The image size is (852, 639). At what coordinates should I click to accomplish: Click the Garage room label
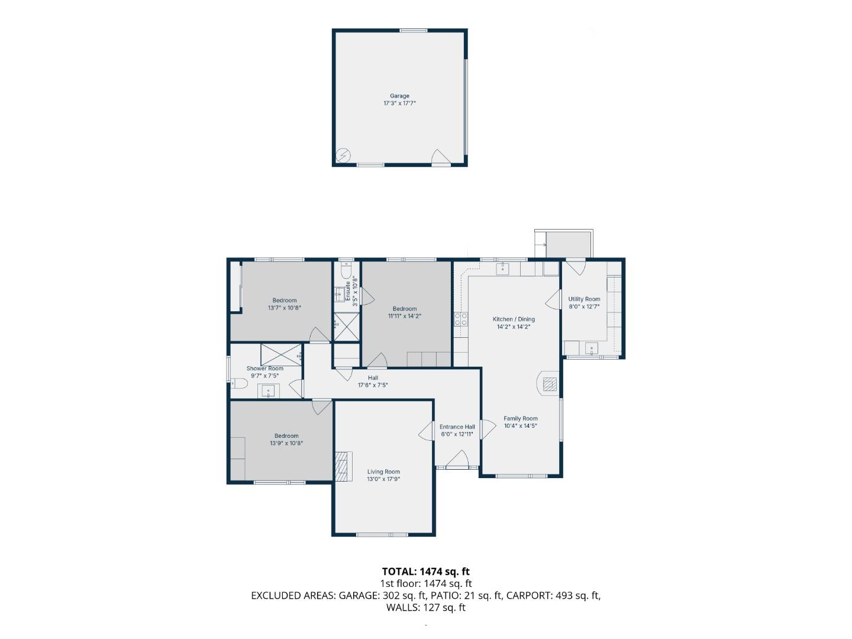[x=399, y=96]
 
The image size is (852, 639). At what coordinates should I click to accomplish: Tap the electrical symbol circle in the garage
[x=343, y=156]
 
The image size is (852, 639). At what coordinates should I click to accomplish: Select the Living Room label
[x=383, y=472]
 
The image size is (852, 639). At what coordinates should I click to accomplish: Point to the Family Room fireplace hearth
[x=548, y=384]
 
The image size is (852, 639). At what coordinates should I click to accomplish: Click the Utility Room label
[x=584, y=299]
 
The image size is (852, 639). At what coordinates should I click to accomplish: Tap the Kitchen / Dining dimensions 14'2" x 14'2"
[x=514, y=327]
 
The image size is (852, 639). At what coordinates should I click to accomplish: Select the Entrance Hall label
[x=457, y=427]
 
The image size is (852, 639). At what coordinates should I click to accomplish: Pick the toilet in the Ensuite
[x=346, y=270]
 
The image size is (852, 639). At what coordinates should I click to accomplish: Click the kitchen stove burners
[x=461, y=319]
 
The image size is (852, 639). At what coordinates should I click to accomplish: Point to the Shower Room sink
[x=268, y=390]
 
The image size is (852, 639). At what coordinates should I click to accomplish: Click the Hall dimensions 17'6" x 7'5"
[x=373, y=385]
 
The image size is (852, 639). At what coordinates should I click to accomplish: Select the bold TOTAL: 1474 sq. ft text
[x=426, y=572]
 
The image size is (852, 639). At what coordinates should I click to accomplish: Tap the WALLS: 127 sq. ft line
[x=426, y=608]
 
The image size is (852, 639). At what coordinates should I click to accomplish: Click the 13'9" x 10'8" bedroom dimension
[x=286, y=443]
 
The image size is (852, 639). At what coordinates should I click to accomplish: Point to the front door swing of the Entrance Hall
[x=457, y=459]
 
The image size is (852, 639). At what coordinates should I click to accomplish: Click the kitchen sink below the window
[x=503, y=269]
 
